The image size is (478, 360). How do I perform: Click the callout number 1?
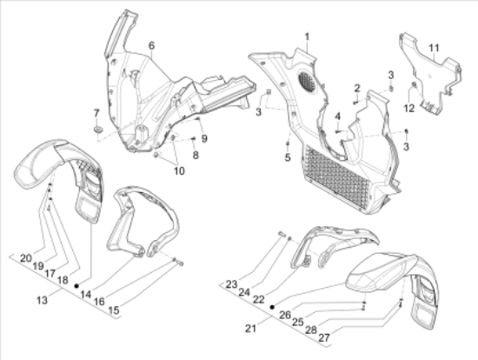click(x=307, y=37)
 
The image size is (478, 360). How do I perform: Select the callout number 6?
click(x=151, y=46)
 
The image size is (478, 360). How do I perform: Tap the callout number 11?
click(x=434, y=48)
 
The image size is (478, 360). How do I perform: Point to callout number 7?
click(x=96, y=114)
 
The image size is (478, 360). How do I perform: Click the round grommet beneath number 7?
click(x=98, y=130)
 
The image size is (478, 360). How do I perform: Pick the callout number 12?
click(x=408, y=108)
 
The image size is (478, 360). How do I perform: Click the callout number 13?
click(x=42, y=300)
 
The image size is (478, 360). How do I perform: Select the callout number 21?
click(x=250, y=329)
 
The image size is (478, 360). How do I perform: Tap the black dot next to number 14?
click(x=76, y=286)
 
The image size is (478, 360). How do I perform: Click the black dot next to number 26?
click(x=272, y=307)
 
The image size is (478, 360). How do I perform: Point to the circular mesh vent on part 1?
click(x=307, y=81)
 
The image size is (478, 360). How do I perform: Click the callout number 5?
click(x=288, y=157)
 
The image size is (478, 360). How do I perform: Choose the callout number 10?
click(x=179, y=171)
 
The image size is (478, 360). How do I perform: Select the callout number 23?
click(x=231, y=284)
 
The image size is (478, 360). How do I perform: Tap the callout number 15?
click(x=114, y=310)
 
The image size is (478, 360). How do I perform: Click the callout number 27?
click(x=324, y=337)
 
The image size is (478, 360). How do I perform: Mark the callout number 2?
click(x=357, y=89)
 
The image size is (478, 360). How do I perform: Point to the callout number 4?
click(x=337, y=117)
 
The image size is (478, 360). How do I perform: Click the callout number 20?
click(x=26, y=258)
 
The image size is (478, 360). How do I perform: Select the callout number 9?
click(x=204, y=139)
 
